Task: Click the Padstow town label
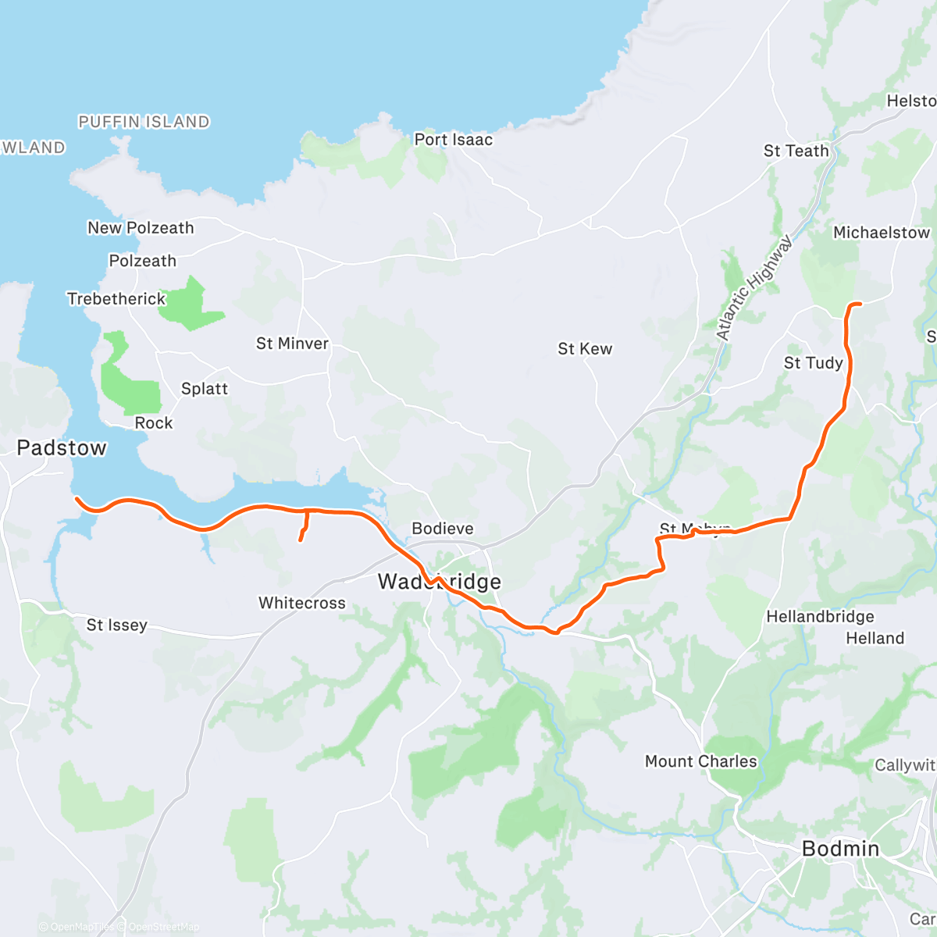pyautogui.click(x=62, y=448)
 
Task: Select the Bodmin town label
pyautogui.click(x=840, y=849)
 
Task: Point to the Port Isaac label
pyautogui.click(x=453, y=140)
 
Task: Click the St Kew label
pyautogui.click(x=585, y=349)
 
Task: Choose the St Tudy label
pyautogui.click(x=813, y=363)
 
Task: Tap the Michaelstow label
pyautogui.click(x=882, y=233)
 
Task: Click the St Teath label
pyautogui.click(x=796, y=151)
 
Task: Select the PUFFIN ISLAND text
pyautogui.click(x=144, y=122)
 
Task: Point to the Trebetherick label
pyautogui.click(x=116, y=299)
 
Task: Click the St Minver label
pyautogui.click(x=292, y=344)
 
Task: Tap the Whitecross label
pyautogui.click(x=302, y=603)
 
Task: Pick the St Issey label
pyautogui.click(x=116, y=625)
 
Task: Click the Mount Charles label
pyautogui.click(x=700, y=761)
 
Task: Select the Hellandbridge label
pyautogui.click(x=820, y=617)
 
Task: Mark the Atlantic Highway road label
pyautogui.click(x=754, y=289)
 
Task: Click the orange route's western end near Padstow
pyautogui.click(x=77, y=498)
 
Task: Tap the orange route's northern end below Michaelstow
pyautogui.click(x=859, y=304)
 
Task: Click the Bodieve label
pyautogui.click(x=442, y=529)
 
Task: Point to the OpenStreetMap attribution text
pyautogui.click(x=163, y=927)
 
